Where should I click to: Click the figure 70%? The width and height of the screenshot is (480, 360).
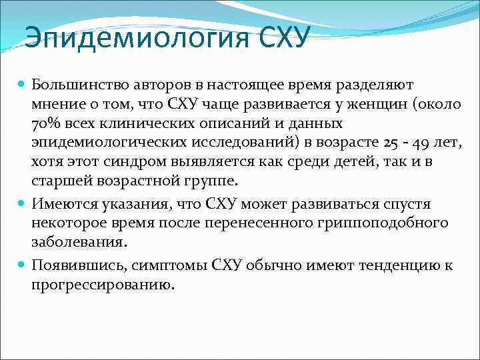(46, 125)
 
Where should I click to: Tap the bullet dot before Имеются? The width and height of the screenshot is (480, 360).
(21, 203)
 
